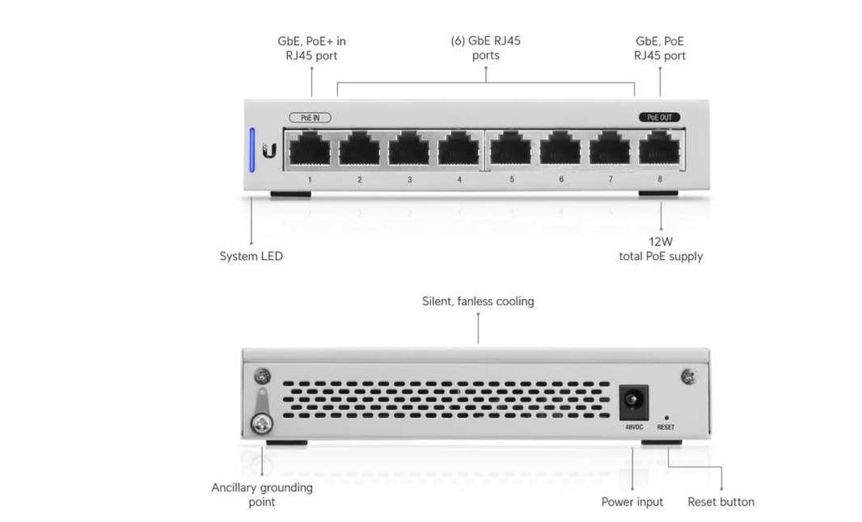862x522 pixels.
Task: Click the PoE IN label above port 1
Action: point(309,117)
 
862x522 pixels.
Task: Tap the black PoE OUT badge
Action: point(660,117)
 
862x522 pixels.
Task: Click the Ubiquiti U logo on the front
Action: point(270,151)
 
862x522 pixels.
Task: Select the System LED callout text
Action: point(251,256)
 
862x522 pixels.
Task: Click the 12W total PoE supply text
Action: point(660,250)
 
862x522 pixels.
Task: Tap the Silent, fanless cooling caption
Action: point(478,301)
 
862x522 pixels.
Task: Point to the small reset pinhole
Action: point(665,417)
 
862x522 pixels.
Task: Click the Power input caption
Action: point(632,501)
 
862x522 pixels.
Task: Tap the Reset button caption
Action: point(721,501)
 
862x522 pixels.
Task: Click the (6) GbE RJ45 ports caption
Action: point(486,48)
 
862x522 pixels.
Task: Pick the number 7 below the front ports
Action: point(610,179)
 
